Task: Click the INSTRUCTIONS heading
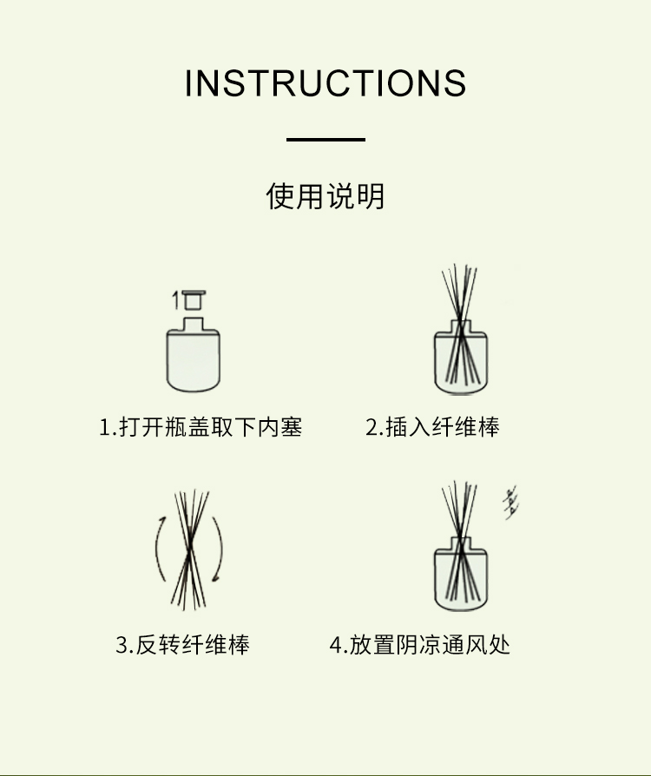coord(325,82)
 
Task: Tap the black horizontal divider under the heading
coord(325,140)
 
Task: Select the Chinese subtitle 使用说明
coord(325,196)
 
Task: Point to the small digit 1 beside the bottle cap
coord(175,300)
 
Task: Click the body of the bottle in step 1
coord(193,361)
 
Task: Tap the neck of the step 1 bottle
coord(193,324)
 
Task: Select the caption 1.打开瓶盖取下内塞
coord(201,427)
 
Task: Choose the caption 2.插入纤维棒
coord(432,427)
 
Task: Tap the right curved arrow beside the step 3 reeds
coord(219,549)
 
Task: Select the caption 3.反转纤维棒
coord(182,645)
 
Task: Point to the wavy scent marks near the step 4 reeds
coord(511,503)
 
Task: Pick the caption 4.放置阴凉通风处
coord(420,645)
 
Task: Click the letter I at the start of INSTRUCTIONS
coord(187,82)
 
